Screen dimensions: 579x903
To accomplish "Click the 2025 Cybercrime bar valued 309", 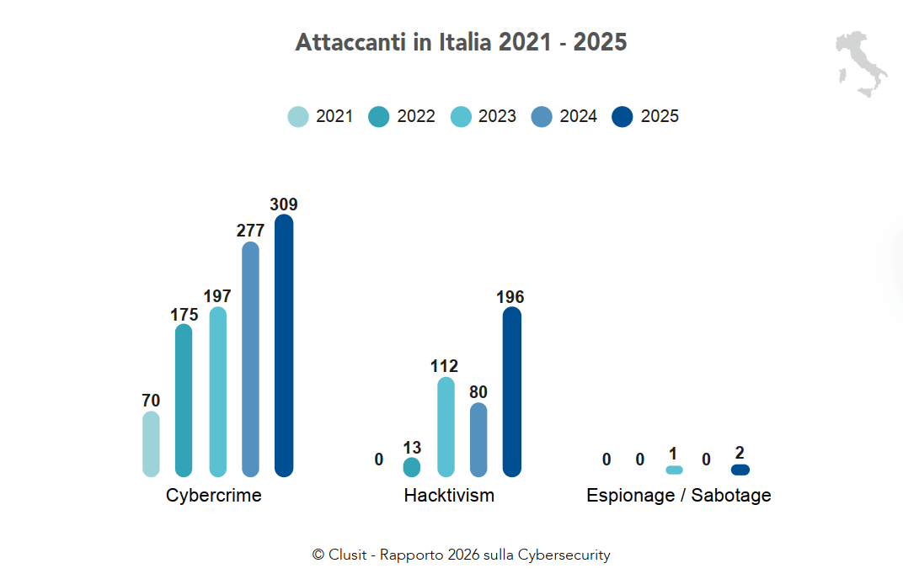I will (284, 345).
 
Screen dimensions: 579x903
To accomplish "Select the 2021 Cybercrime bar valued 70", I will (151, 444).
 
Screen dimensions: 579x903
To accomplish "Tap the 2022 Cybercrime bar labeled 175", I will (184, 400).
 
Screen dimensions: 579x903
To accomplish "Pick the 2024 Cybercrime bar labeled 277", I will (250, 359).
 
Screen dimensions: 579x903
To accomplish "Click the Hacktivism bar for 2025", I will (511, 391).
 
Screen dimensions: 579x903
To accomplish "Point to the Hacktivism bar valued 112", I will (446, 426).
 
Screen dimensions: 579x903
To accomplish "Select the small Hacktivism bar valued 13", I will (412, 467).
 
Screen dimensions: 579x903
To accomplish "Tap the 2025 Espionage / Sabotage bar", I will (740, 470).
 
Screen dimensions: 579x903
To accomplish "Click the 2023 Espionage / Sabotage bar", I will (674, 470).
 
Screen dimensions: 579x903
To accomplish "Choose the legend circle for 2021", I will (298, 117).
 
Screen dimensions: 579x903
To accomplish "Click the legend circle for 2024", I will (542, 117).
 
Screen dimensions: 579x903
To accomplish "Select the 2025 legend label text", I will (660, 117).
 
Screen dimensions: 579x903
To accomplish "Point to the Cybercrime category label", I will (214, 496).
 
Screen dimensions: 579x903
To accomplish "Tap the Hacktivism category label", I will (449, 496).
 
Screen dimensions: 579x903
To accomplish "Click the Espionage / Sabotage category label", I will (678, 496).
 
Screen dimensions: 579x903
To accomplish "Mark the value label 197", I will (217, 296).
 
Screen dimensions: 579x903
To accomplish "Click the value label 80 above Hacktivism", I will (478, 392).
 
